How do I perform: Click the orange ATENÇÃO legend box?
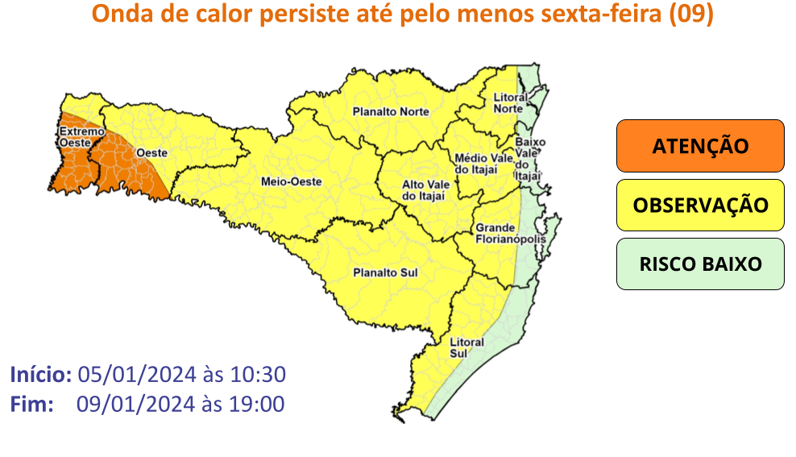click(x=699, y=146)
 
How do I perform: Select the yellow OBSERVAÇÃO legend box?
click(x=699, y=205)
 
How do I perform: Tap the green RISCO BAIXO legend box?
click(x=699, y=264)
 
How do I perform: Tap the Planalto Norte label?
click(x=392, y=112)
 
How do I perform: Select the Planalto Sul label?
click(x=387, y=273)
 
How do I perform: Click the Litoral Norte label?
click(x=509, y=103)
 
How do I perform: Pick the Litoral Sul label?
click(x=467, y=347)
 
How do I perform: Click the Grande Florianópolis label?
click(x=511, y=234)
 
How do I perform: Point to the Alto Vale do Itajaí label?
click(x=425, y=190)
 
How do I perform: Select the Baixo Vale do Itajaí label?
click(x=529, y=159)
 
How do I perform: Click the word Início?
click(x=41, y=375)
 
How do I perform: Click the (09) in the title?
click(x=692, y=15)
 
